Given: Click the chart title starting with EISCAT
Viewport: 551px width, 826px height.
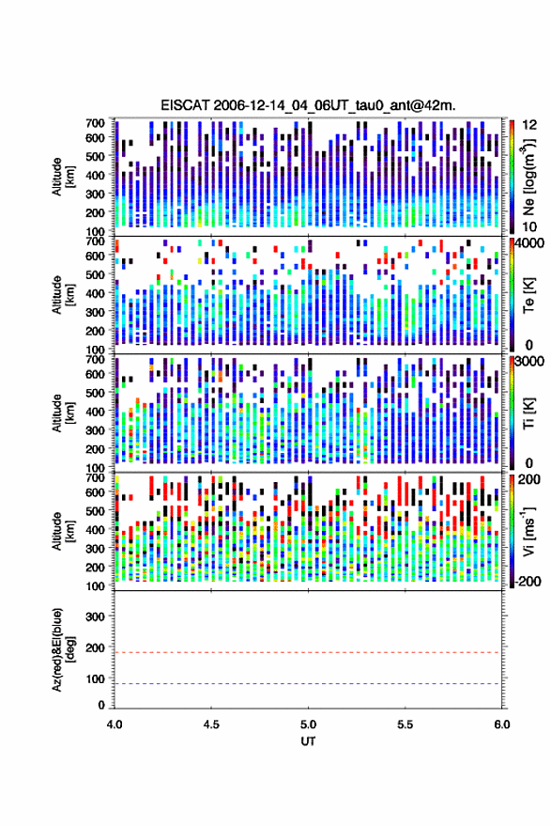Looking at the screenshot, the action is coord(308,105).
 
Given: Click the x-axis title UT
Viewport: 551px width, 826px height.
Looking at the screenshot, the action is coord(308,741).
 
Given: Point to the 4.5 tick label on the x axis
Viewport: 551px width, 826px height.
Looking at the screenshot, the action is coord(211,725).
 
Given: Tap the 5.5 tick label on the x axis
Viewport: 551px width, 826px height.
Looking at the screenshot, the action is coord(405,725).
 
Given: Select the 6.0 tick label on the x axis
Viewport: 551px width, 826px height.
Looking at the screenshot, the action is coord(501,725).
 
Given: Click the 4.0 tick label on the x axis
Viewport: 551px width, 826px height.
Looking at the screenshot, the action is coord(115,725).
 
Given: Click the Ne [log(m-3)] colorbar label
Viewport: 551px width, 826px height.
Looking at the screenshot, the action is coord(528,177).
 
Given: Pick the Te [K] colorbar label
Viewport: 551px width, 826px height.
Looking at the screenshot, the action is coord(528,295).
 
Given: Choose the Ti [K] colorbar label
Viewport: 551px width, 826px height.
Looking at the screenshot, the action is coord(528,413).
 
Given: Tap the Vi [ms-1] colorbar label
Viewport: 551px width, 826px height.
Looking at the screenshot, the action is coord(528,531).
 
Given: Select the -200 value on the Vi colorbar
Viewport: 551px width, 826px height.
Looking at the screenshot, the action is coord(528,582).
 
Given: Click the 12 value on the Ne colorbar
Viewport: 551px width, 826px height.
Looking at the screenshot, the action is coord(530,125).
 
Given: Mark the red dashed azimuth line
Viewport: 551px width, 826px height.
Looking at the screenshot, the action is coord(308,652).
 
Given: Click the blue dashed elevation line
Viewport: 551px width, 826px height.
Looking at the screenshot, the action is coord(308,684).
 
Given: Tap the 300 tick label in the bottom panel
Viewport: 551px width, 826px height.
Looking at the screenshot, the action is coord(95,616).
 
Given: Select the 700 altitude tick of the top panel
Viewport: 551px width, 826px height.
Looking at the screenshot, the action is coord(95,123).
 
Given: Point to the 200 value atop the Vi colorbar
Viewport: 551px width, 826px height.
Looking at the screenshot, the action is coord(528,479).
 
